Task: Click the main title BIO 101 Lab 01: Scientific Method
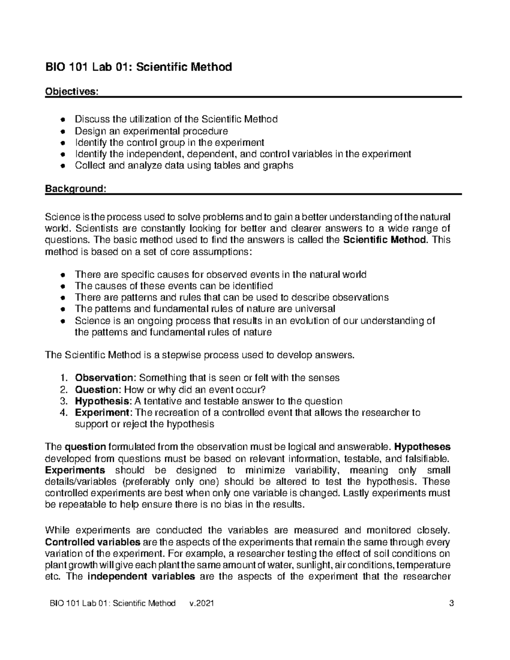(x=139, y=67)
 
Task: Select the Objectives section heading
(x=71, y=92)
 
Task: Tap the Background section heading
(x=75, y=188)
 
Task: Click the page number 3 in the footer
(x=451, y=603)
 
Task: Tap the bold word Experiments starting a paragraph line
(x=75, y=470)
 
